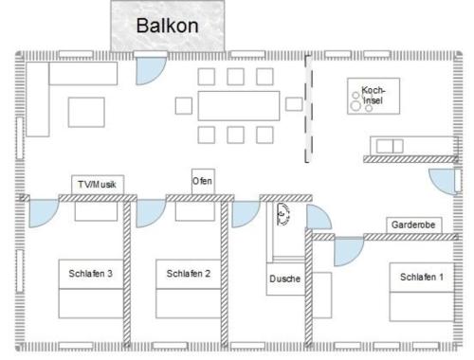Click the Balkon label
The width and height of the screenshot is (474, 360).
coord(168,26)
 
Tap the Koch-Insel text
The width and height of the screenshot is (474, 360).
coord(373,95)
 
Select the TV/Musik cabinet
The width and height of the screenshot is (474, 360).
coord(98,185)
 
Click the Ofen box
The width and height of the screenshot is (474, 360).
coord(203,182)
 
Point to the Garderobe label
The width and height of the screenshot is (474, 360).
coord(413,225)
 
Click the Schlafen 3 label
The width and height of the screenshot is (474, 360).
coord(91,274)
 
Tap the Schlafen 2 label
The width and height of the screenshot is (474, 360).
coord(189,274)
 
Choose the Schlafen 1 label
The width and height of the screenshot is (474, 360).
coord(422,277)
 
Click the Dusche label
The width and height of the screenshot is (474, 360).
coord(285,279)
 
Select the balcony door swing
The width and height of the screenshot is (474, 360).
coord(151,71)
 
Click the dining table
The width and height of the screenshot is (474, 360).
coord(239,106)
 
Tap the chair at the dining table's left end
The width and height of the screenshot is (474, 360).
coord(184,106)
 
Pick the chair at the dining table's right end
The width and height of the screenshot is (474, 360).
coord(294,104)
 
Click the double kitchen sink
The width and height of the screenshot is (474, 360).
coord(390,146)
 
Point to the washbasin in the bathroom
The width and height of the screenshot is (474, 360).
coord(283,214)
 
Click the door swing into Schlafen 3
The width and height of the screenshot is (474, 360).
coord(44,213)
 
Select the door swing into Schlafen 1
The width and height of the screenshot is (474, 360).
coord(349,252)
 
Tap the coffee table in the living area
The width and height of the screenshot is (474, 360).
coord(86,112)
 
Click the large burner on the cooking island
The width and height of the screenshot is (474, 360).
coord(356,106)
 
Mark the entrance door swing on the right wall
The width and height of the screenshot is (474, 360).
coord(443,181)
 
